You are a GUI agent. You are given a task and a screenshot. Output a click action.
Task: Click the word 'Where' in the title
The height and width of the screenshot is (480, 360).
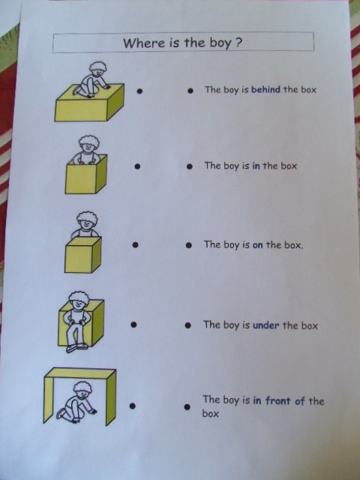[x=144, y=43]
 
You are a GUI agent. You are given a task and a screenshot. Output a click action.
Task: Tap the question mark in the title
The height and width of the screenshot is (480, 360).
[x=238, y=43]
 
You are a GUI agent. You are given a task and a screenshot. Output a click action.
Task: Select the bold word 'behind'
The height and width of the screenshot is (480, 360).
[x=265, y=89]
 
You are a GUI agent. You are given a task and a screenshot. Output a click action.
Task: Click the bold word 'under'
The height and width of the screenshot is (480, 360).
[x=266, y=325]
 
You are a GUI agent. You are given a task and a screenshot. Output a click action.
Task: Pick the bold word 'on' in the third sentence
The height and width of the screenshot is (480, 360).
[x=258, y=245]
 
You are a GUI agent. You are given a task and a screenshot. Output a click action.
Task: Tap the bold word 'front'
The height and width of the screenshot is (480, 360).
[x=277, y=400]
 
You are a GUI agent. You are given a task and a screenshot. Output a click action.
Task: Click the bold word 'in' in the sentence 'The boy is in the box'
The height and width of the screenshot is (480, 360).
[x=256, y=166]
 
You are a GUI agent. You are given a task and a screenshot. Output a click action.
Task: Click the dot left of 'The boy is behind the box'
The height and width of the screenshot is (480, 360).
[x=190, y=91]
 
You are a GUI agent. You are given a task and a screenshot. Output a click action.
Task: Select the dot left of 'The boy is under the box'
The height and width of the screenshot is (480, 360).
[x=188, y=325]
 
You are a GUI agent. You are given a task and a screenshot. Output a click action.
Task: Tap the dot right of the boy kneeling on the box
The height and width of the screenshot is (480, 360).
[x=139, y=91]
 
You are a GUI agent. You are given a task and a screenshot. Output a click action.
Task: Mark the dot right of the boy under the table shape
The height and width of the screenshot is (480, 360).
[x=132, y=406]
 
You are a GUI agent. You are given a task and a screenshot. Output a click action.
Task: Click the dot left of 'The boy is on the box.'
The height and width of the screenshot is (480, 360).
[x=189, y=245]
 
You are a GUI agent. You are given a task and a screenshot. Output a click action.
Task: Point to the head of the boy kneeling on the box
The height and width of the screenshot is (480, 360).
[x=97, y=69]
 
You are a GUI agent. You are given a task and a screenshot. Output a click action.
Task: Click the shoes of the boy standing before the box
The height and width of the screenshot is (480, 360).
[x=76, y=348]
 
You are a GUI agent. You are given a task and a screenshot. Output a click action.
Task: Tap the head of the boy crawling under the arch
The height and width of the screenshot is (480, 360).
[x=82, y=389]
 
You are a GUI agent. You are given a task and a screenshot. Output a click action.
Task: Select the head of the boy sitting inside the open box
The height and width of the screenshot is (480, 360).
[x=88, y=143]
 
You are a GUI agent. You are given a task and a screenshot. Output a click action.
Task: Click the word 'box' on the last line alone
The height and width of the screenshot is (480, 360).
[x=210, y=414]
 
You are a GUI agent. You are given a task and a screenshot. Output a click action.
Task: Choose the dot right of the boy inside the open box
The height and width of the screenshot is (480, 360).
[x=137, y=166]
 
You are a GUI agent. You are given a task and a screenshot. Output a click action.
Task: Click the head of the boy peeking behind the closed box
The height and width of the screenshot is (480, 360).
[x=87, y=220]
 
